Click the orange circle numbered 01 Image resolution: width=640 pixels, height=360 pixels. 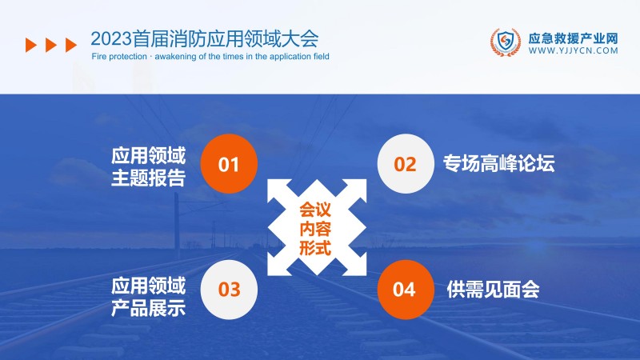tap(229, 165)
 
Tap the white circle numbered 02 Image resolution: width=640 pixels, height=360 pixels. tap(406, 165)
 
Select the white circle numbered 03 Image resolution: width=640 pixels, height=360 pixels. tap(229, 289)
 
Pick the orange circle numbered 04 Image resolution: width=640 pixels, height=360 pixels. tap(406, 289)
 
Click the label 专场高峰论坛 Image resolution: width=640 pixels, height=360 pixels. tap(498, 164)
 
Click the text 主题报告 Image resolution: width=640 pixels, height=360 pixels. tap(149, 178)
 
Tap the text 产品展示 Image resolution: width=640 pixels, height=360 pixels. tap(149, 306)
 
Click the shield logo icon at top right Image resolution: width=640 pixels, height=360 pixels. tap(503, 42)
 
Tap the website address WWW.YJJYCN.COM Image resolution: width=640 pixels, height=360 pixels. tap(574, 50)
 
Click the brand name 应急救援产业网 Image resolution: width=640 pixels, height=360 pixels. tap(574, 37)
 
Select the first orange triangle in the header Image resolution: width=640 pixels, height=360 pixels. tap(31, 45)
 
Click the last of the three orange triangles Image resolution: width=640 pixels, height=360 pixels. tap(71, 45)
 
